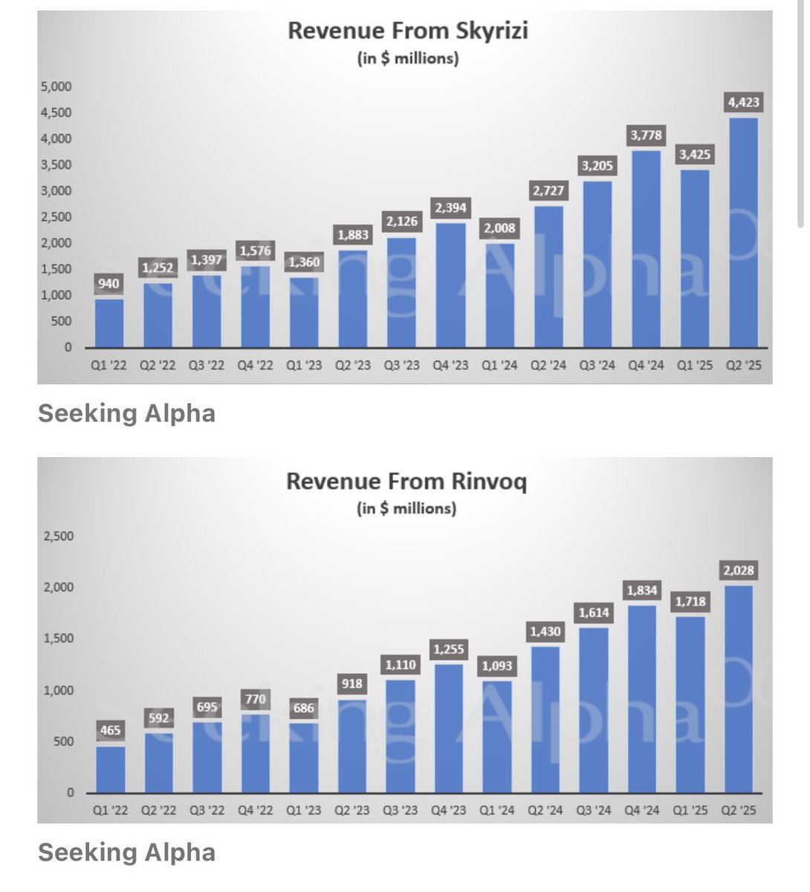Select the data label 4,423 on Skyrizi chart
point(743,103)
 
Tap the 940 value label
point(110,283)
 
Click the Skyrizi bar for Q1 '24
point(499,296)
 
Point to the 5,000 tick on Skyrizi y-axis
point(56,86)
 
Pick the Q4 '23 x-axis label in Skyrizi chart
point(450,366)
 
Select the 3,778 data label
point(646,135)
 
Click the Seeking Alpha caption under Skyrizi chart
point(126,413)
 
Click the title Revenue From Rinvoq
point(406,481)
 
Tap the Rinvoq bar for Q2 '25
point(738,690)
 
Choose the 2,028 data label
point(738,571)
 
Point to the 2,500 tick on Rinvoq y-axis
point(59,536)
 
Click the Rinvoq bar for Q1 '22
point(110,769)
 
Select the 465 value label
point(110,730)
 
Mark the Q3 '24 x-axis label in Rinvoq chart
point(594,810)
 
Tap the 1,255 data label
point(449,649)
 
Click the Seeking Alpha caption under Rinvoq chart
point(126,852)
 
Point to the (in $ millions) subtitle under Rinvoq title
point(406,508)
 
